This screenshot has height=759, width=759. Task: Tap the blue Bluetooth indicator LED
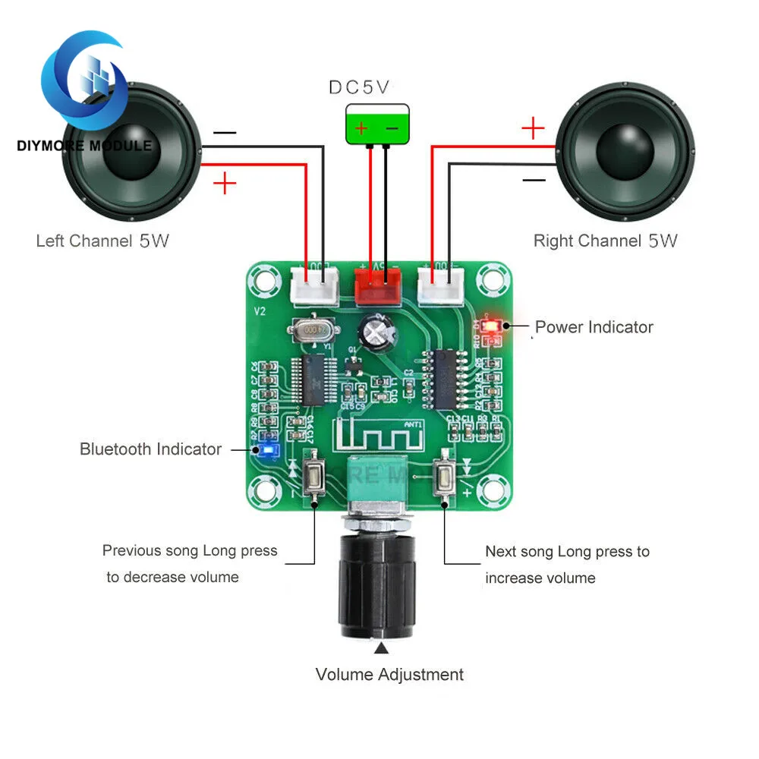point(267,450)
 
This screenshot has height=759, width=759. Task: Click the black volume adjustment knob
point(376,585)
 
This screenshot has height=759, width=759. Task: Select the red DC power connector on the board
point(377,285)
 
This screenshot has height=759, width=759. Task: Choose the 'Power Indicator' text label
point(594,327)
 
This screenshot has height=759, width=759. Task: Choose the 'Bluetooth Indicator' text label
point(150,449)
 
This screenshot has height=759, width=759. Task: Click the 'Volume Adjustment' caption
point(389,674)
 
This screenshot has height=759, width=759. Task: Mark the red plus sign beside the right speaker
point(534,128)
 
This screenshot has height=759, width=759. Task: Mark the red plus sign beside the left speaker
point(225,183)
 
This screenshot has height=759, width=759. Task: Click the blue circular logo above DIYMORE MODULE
point(83,80)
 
